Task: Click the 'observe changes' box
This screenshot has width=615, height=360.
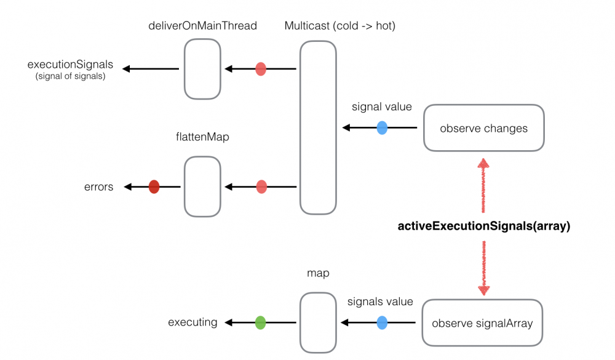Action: [x=483, y=128]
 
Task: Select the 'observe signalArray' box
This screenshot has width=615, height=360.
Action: [x=482, y=322]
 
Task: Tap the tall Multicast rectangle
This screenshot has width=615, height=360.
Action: [x=318, y=127]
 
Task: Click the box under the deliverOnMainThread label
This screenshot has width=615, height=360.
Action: [x=202, y=69]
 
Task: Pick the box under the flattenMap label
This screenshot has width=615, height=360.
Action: [x=202, y=186]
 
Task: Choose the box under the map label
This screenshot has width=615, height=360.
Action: [x=318, y=322]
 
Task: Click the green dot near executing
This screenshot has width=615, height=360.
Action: [x=260, y=322]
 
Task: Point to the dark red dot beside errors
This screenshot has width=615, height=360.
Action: [x=154, y=186]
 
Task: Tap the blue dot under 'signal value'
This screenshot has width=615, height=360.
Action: [x=382, y=128]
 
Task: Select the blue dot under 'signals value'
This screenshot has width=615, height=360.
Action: [x=382, y=322]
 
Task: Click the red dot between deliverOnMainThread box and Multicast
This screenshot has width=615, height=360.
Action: [x=261, y=69]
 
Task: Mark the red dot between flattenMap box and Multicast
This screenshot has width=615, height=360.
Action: [x=261, y=186]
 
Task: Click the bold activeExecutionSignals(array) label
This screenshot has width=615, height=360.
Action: [x=484, y=226]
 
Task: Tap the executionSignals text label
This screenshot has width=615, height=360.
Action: [x=70, y=64]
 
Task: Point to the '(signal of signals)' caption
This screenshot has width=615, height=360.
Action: [x=70, y=76]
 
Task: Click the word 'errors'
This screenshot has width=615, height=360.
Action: [x=98, y=186]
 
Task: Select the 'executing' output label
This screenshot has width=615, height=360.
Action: [x=192, y=322]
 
